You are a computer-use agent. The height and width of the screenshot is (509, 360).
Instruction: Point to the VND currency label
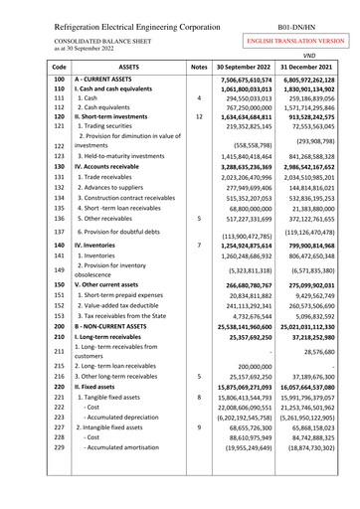click(321, 57)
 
